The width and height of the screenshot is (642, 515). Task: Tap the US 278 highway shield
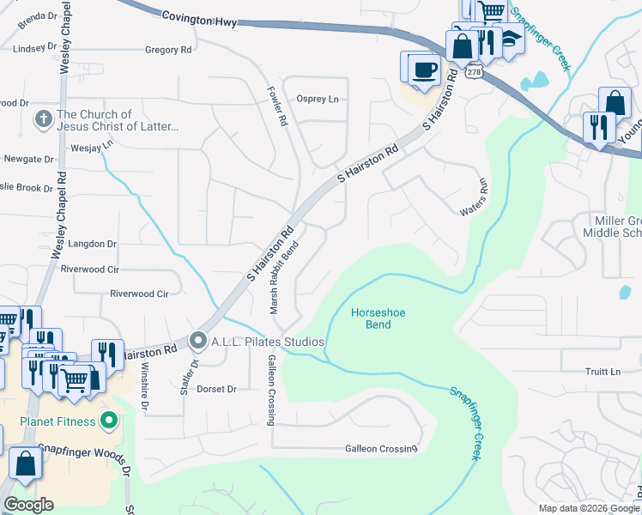[x=474, y=75]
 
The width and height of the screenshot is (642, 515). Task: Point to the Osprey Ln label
[x=318, y=99]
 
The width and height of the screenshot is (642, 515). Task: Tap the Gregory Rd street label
[x=168, y=51]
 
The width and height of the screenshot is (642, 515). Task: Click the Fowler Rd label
[x=276, y=106]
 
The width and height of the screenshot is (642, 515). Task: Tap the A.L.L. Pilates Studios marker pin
[x=198, y=342]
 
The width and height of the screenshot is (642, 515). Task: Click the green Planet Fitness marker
[x=108, y=421]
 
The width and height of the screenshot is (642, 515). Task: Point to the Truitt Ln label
[x=603, y=372]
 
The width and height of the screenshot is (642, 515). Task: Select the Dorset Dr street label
[x=216, y=389]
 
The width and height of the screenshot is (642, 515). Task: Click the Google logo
[x=28, y=505]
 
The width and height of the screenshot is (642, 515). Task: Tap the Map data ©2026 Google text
[x=588, y=508]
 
